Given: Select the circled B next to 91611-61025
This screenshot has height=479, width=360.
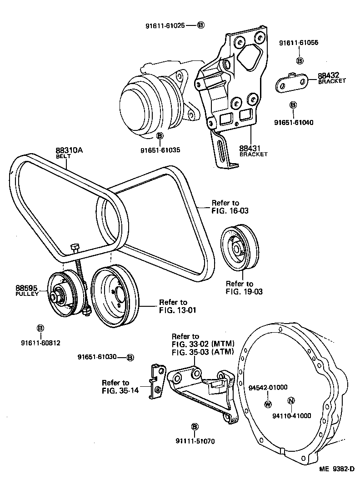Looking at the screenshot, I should [x=201, y=25].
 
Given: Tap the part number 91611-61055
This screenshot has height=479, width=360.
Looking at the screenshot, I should [x=298, y=43].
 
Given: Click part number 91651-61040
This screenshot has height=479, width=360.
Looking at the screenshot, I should [x=294, y=122].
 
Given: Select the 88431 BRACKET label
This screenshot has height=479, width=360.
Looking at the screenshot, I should [x=253, y=151].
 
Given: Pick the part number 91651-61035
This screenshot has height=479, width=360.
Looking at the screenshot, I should [x=160, y=150].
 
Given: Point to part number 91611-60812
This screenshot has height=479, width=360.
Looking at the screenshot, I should [x=40, y=342].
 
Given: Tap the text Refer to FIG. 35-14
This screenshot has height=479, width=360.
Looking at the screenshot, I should [x=115, y=386].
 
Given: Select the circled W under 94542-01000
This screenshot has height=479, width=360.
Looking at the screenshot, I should [x=268, y=404].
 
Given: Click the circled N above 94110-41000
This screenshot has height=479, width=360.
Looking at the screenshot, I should [x=291, y=400].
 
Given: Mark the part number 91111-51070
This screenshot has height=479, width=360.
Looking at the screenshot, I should [x=195, y=440].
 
